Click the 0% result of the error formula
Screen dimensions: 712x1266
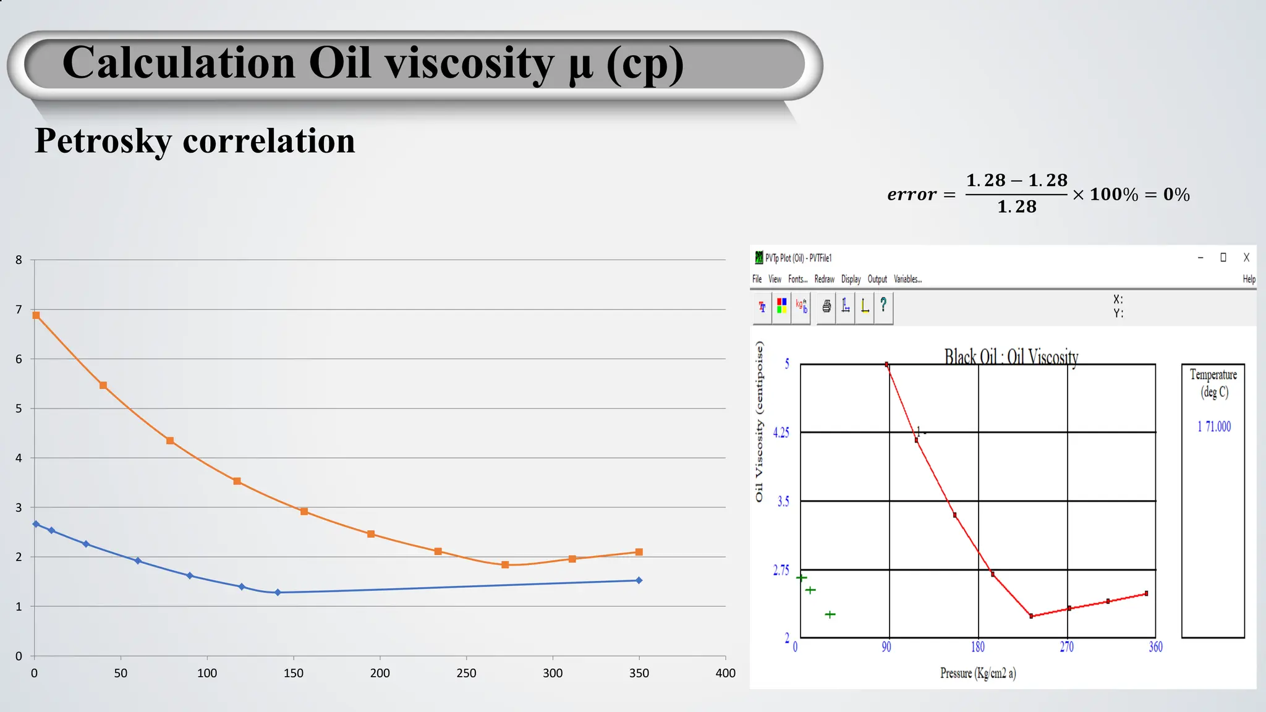[1176, 195]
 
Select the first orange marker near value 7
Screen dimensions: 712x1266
[36, 315]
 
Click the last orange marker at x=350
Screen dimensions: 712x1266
[639, 552]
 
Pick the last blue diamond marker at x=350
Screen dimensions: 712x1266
[639, 580]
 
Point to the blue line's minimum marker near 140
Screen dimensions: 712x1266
[278, 592]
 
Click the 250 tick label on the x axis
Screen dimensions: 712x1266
[466, 673]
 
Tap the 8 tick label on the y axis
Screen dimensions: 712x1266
[19, 260]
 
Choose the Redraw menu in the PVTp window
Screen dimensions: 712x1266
[824, 279]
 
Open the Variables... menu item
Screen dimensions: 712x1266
[907, 279]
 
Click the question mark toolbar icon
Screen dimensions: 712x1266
[883, 305]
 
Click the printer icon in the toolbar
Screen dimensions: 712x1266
[826, 306]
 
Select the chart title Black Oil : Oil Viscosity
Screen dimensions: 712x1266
[1011, 357]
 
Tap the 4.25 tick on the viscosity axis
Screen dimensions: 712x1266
[781, 433]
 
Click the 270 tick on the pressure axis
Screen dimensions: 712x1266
[1067, 647]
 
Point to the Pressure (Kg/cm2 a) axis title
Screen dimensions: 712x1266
[978, 673]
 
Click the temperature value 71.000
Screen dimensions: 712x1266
[1218, 426]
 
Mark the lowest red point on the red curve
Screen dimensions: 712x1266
[1031, 616]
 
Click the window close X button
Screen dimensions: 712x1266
[1246, 258]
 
